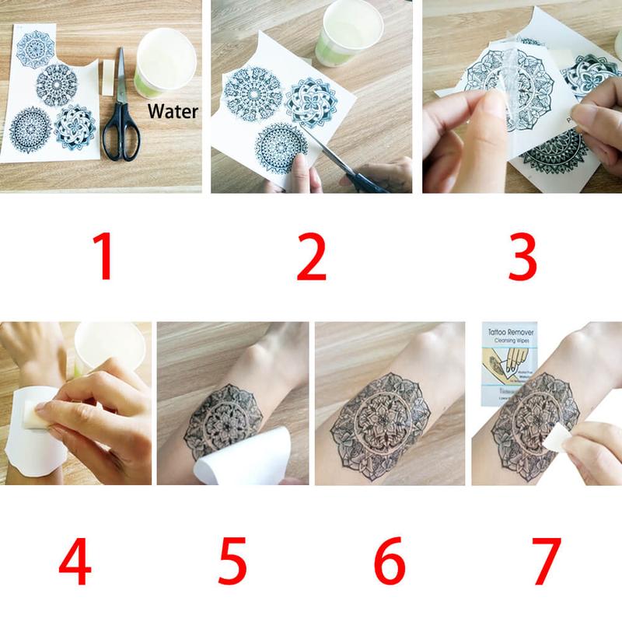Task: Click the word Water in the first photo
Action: tap(173, 111)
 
